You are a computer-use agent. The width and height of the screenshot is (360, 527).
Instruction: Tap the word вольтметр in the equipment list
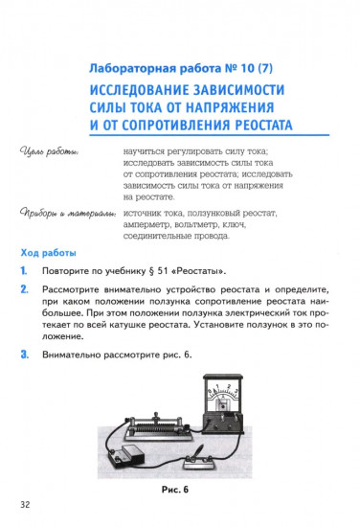(214, 221)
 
